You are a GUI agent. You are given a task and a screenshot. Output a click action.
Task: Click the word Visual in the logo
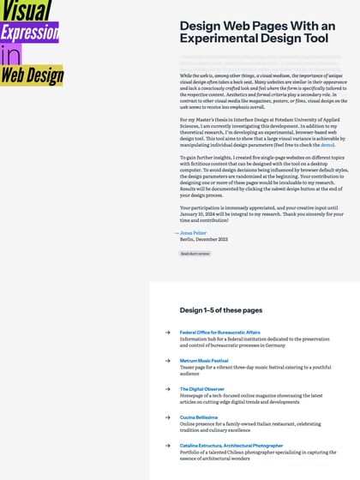pyautogui.click(x=27, y=11)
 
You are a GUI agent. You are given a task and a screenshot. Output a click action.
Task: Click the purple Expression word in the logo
pyautogui.click(x=29, y=33)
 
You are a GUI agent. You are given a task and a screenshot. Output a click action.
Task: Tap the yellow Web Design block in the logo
pyautogui.click(x=32, y=75)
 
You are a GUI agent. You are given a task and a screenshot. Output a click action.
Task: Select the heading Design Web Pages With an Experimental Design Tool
pyautogui.click(x=257, y=33)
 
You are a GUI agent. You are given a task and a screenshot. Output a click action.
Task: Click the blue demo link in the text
pyautogui.click(x=327, y=146)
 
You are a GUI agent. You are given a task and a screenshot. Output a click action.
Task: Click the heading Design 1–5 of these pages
pyautogui.click(x=221, y=309)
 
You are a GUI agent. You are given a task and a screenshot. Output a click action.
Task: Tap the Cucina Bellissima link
pyautogui.click(x=199, y=417)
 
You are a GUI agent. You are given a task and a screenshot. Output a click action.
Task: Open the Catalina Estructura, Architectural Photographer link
pyautogui.click(x=231, y=446)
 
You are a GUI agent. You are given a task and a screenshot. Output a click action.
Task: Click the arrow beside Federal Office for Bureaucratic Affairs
pyautogui.click(x=168, y=333)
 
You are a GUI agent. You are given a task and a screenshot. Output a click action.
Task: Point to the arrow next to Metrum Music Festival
pyautogui.click(x=168, y=361)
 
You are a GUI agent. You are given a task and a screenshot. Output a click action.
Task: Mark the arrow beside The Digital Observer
pyautogui.click(x=168, y=389)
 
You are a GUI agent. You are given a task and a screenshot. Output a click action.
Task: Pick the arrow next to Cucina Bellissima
pyautogui.click(x=168, y=417)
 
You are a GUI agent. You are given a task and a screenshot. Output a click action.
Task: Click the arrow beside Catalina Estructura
pyautogui.click(x=168, y=446)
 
